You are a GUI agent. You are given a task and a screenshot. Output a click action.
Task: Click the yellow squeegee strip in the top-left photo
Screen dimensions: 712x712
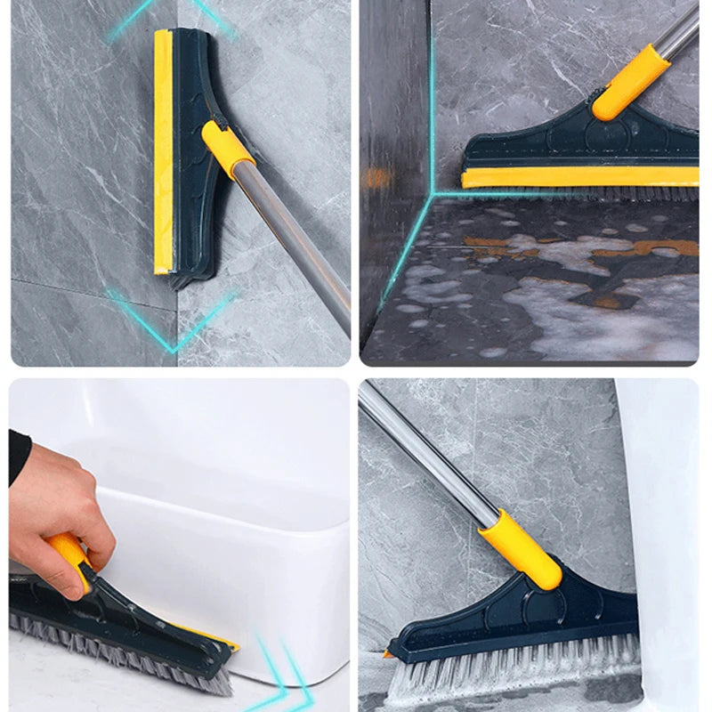pyautogui.click(x=163, y=151)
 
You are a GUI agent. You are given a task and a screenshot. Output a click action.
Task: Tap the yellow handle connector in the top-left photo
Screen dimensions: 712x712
pyautogui.click(x=228, y=149)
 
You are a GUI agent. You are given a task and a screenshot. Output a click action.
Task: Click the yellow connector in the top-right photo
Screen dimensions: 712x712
pyautogui.click(x=630, y=83)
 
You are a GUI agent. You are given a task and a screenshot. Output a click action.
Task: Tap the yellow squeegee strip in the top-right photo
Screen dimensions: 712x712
pyautogui.click(x=578, y=177)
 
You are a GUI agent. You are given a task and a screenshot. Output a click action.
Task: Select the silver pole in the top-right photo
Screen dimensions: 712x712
pyautogui.click(x=682, y=31)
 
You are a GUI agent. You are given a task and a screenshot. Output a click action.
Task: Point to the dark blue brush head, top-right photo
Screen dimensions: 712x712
pyautogui.click(x=552, y=142)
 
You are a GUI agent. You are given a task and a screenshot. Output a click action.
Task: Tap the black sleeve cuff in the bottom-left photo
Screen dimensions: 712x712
pyautogui.click(x=19, y=456)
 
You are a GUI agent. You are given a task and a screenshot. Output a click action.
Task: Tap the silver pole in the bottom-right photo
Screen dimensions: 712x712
pyautogui.click(x=427, y=454)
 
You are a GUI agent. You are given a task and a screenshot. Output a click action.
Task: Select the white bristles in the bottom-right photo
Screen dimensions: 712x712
pyautogui.click(x=516, y=672)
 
